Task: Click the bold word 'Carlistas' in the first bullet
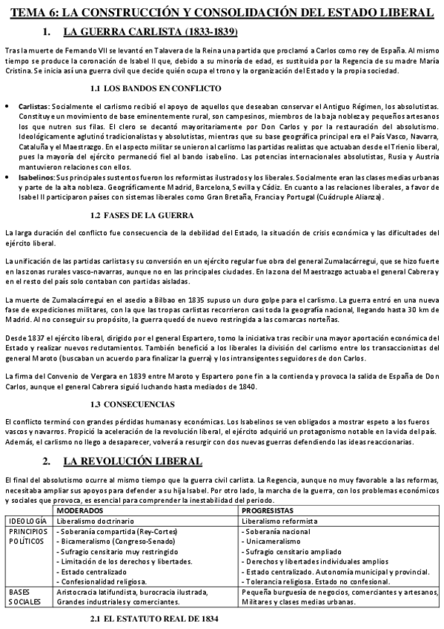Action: point(34,108)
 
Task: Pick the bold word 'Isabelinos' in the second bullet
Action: point(36,180)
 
